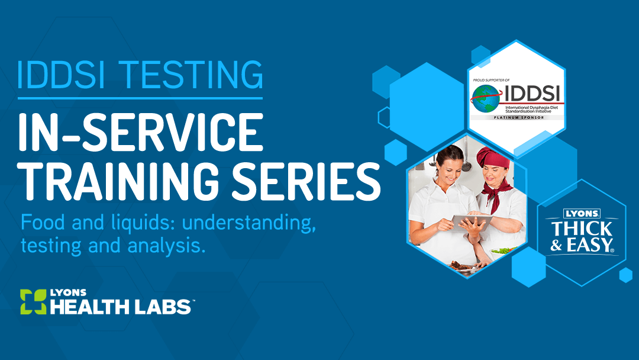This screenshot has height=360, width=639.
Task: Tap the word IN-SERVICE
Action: (x=141, y=132)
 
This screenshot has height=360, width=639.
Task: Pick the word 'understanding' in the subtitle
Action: (x=248, y=223)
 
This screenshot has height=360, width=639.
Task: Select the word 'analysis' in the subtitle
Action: (x=166, y=246)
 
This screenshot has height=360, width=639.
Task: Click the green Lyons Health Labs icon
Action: (x=33, y=302)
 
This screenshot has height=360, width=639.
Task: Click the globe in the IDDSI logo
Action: (x=485, y=99)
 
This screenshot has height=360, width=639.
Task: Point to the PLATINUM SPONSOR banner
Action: (x=519, y=117)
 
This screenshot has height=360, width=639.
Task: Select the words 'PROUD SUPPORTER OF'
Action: (x=491, y=81)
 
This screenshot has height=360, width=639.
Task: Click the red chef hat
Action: (x=492, y=157)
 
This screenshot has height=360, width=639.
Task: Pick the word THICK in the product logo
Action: (x=582, y=229)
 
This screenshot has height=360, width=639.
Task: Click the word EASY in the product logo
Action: (x=590, y=246)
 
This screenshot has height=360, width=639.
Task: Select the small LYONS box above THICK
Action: (x=582, y=214)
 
